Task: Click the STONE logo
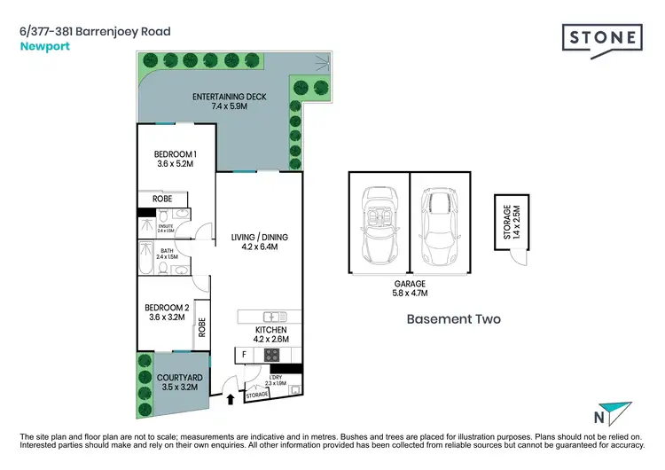[x=602, y=40]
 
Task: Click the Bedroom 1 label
[x=175, y=159]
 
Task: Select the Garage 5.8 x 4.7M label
[x=411, y=288]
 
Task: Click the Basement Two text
[x=453, y=319]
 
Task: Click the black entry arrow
[x=232, y=400]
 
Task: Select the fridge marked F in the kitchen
[x=244, y=356]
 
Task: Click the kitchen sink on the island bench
[x=271, y=317]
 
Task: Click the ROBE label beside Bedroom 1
[x=162, y=200]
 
